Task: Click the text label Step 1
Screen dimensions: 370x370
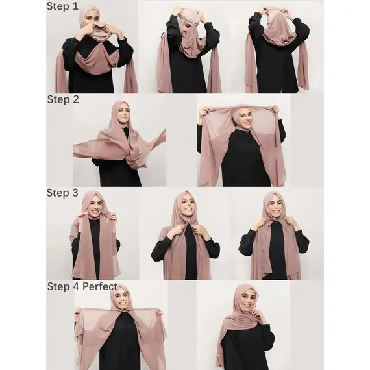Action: click(62, 6)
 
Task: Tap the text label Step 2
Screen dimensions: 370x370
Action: click(63, 99)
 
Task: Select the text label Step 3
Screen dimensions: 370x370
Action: click(62, 193)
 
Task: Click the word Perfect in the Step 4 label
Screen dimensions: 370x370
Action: click(100, 286)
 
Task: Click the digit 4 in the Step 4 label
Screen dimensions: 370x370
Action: click(75, 286)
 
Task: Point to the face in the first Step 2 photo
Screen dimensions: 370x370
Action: click(125, 114)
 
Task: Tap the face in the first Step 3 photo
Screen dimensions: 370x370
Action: click(95, 206)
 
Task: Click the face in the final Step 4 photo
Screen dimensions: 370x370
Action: click(247, 300)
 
